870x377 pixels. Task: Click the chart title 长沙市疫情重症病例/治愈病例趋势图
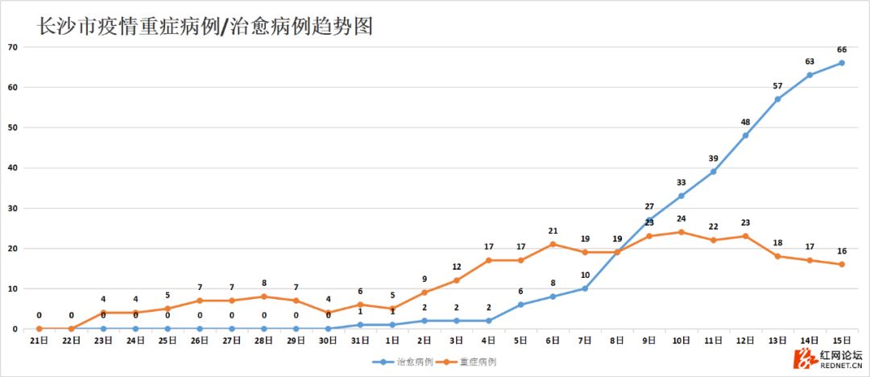(205, 27)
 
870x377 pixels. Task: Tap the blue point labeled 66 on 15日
(842, 63)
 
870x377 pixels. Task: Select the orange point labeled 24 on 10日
(681, 232)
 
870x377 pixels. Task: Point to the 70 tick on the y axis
(13, 47)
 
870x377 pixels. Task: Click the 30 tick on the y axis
(13, 208)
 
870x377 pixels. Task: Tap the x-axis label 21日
(39, 341)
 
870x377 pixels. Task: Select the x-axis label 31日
(360, 341)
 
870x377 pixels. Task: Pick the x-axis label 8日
(617, 341)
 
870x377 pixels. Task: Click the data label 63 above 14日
(810, 61)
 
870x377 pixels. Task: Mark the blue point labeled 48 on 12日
(746, 135)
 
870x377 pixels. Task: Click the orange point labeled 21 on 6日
(553, 244)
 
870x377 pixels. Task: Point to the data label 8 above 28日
(264, 283)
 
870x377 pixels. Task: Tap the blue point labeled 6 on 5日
(521, 304)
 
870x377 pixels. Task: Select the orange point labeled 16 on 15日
(842, 264)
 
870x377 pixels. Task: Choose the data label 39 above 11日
(714, 158)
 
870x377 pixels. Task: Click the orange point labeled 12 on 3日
(457, 280)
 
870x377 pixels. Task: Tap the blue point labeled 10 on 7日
(585, 288)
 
